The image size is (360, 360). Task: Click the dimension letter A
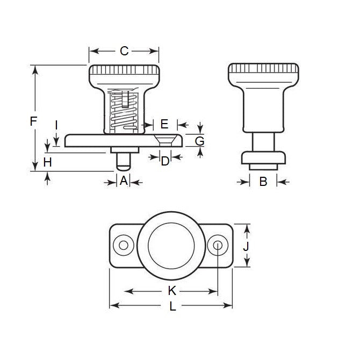click(124, 182)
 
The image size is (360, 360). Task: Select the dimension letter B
click(263, 182)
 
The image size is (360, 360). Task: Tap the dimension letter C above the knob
click(124, 52)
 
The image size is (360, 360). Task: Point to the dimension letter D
click(165, 161)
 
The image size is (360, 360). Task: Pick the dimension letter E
click(164, 124)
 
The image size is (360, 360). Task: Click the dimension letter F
click(33, 121)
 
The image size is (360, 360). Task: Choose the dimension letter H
click(48, 162)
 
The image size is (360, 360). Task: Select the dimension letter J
click(245, 246)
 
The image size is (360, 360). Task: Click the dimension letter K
click(172, 291)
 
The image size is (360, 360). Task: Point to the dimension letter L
click(172, 307)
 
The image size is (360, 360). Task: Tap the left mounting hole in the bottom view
click(124, 246)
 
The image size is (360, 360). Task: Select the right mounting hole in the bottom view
click(218, 246)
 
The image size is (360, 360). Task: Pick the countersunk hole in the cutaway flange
click(165, 141)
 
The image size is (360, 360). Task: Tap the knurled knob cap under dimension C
click(124, 71)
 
